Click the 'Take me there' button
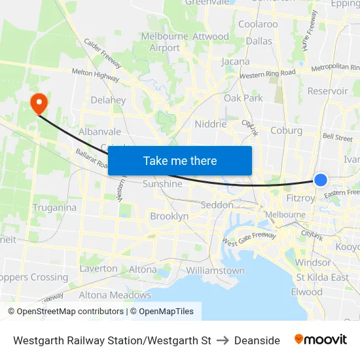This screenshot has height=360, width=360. (x=180, y=160)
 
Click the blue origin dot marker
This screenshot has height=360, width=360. (x=321, y=179)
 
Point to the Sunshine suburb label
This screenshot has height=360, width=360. (x=162, y=184)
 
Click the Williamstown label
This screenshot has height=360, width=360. (x=215, y=270)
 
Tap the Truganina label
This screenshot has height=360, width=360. (x=54, y=207)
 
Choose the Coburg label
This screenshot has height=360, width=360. (x=287, y=130)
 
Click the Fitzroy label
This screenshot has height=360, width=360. (x=301, y=197)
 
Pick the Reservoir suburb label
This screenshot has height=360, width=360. (x=327, y=91)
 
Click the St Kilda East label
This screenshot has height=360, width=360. (x=322, y=277)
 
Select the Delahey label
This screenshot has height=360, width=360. (x=108, y=100)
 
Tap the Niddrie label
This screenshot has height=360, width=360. (x=211, y=124)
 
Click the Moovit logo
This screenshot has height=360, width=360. (x=321, y=340)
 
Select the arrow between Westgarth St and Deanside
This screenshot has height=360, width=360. (x=223, y=340)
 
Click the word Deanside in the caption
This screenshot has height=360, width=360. (x=257, y=340)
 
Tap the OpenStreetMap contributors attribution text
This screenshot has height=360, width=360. (x=67, y=312)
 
